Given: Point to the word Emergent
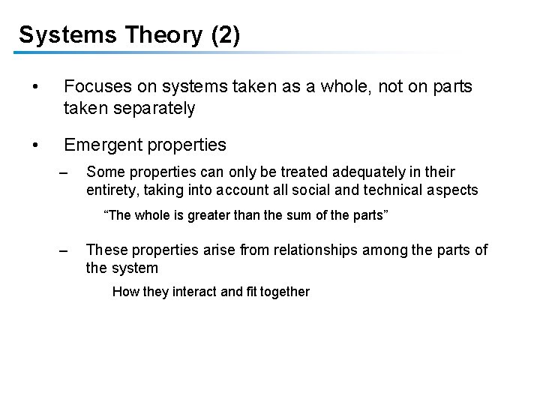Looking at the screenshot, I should [100, 143].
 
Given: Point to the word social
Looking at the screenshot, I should [315, 190].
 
